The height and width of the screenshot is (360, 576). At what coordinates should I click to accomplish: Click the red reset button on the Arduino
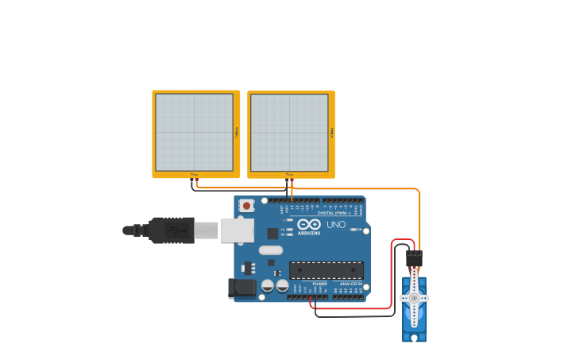tap(246, 206)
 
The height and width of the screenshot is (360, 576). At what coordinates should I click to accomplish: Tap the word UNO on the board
tap(336, 225)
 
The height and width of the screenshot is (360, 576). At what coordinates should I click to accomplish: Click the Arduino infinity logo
tap(309, 224)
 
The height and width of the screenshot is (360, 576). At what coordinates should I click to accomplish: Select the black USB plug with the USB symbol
tap(171, 230)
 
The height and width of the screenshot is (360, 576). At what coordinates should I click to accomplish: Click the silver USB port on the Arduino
tap(236, 230)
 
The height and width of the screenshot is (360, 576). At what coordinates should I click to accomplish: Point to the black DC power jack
tap(242, 288)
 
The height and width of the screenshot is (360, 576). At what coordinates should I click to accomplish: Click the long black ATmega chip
tap(327, 270)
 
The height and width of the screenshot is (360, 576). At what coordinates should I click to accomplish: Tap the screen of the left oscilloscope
tap(194, 132)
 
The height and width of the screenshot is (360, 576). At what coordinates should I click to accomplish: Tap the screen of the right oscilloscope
tap(289, 132)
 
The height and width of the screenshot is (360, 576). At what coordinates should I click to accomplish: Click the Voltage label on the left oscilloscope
tap(237, 132)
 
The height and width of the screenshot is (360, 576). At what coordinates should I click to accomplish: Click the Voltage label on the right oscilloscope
tap(332, 132)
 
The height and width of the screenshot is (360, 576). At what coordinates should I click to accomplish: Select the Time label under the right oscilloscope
tap(289, 174)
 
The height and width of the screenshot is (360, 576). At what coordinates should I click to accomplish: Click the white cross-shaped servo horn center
tap(414, 298)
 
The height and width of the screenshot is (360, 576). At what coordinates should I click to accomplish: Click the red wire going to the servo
tap(392, 270)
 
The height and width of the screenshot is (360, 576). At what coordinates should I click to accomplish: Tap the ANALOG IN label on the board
tap(350, 284)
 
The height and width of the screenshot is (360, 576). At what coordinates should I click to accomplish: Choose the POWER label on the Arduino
tap(319, 284)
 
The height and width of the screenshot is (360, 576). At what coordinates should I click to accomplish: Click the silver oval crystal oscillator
tap(270, 250)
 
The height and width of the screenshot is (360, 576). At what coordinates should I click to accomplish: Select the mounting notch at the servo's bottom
tap(414, 338)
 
